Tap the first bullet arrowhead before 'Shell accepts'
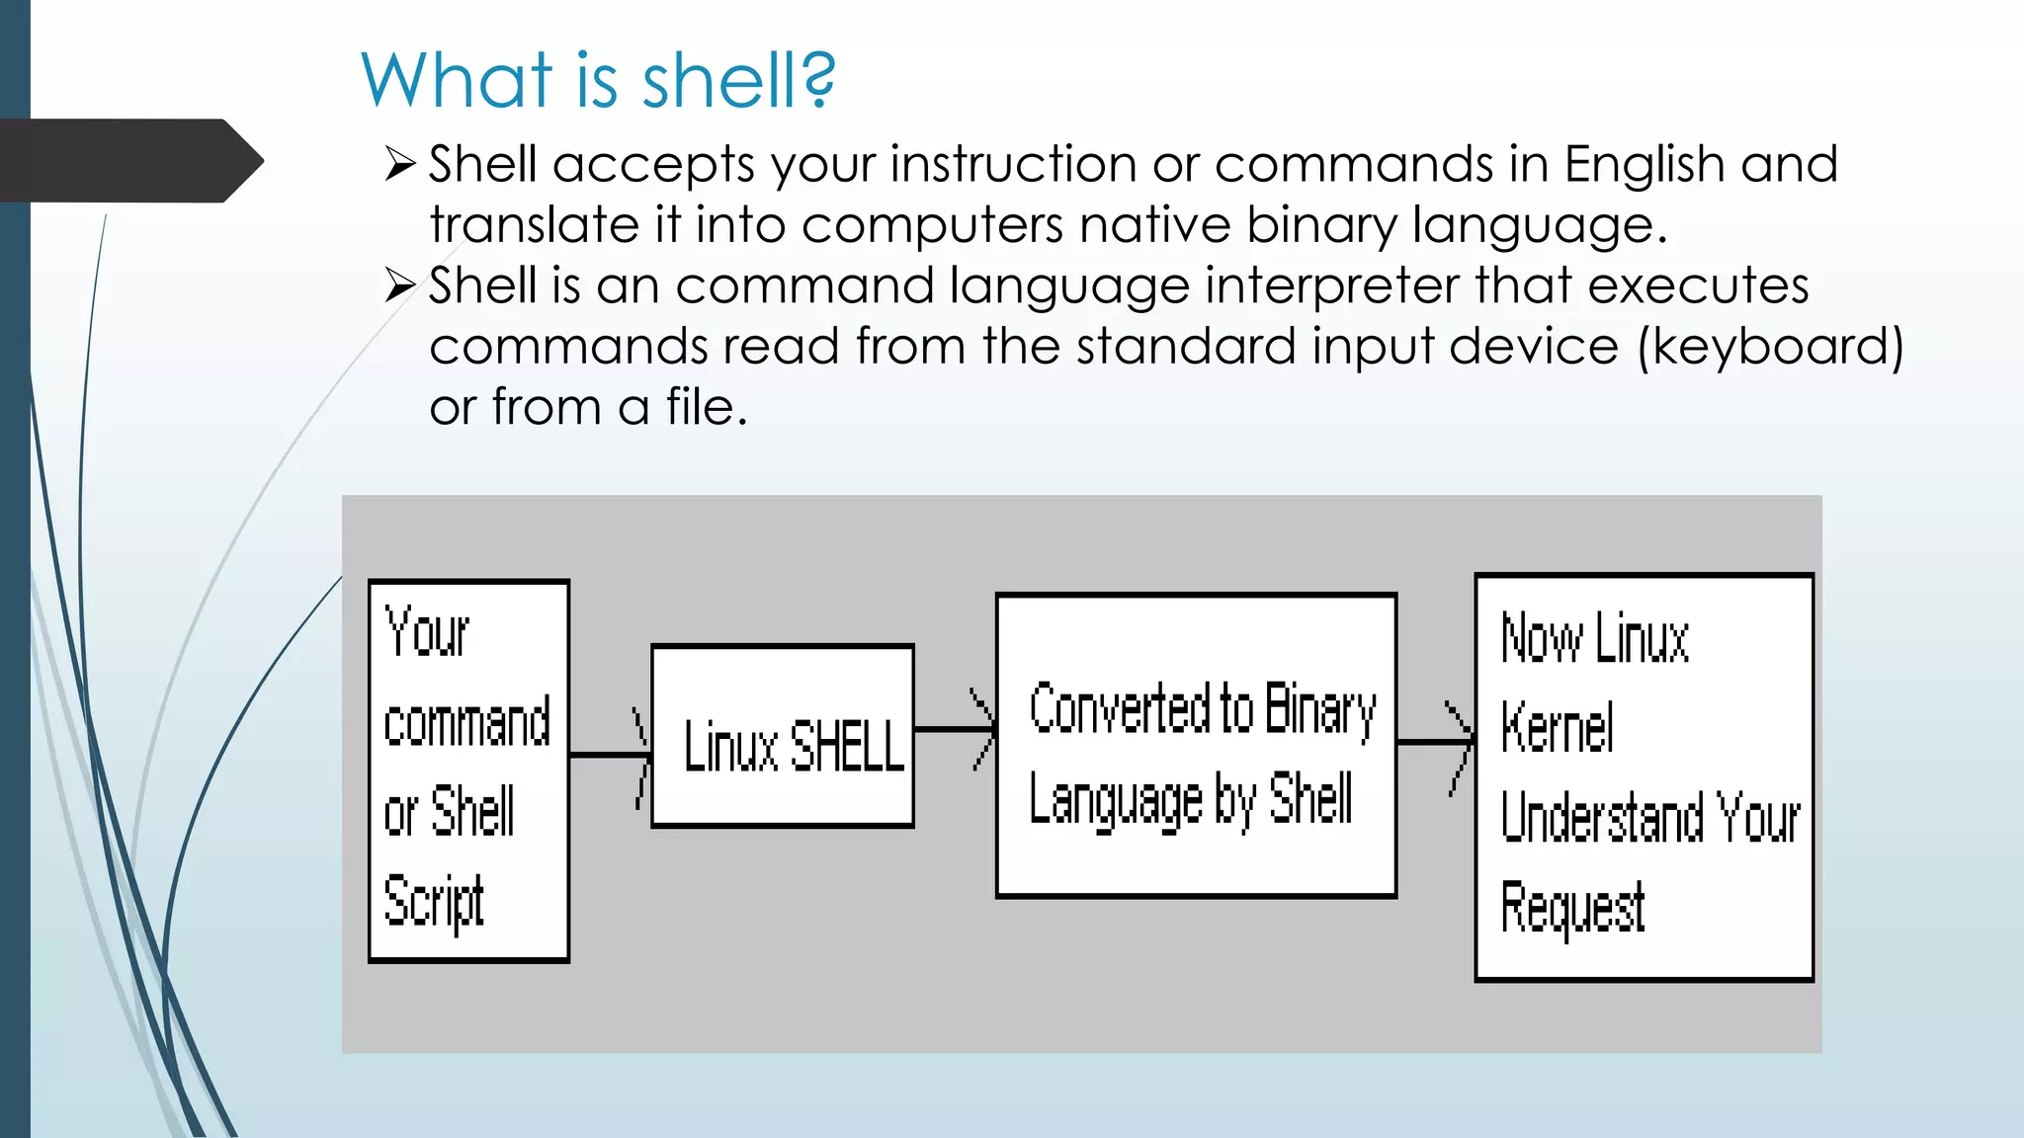tap(400, 164)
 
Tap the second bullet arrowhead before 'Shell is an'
tap(400, 285)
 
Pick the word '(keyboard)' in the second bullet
tap(1770, 347)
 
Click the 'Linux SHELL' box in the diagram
tap(783, 736)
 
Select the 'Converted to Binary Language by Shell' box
tap(1196, 746)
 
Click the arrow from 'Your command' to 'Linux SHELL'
tap(610, 756)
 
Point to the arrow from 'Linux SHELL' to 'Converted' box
tap(955, 730)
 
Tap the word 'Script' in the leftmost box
tap(434, 901)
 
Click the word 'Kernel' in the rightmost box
tap(1558, 728)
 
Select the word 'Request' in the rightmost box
tap(1572, 908)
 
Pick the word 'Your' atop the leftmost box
tap(426, 631)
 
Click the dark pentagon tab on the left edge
tap(128, 160)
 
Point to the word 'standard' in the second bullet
tap(1185, 347)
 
